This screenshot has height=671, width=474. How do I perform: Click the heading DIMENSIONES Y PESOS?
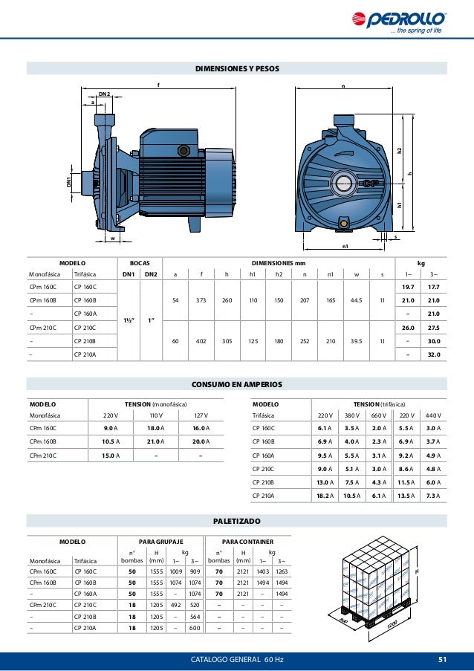tap(237, 68)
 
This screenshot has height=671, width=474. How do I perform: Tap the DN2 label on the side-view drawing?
tap(105, 94)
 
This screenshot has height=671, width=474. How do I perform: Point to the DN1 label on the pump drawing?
tap(69, 181)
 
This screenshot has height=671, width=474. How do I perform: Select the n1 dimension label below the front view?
tap(345, 246)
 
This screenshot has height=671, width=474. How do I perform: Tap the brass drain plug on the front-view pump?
tap(343, 222)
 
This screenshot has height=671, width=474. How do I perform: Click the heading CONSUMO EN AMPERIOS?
tap(237, 384)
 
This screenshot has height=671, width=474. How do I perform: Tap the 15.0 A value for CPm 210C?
tap(112, 455)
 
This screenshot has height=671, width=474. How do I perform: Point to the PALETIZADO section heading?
tap(237, 521)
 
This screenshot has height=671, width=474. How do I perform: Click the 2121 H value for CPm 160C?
tap(243, 571)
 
